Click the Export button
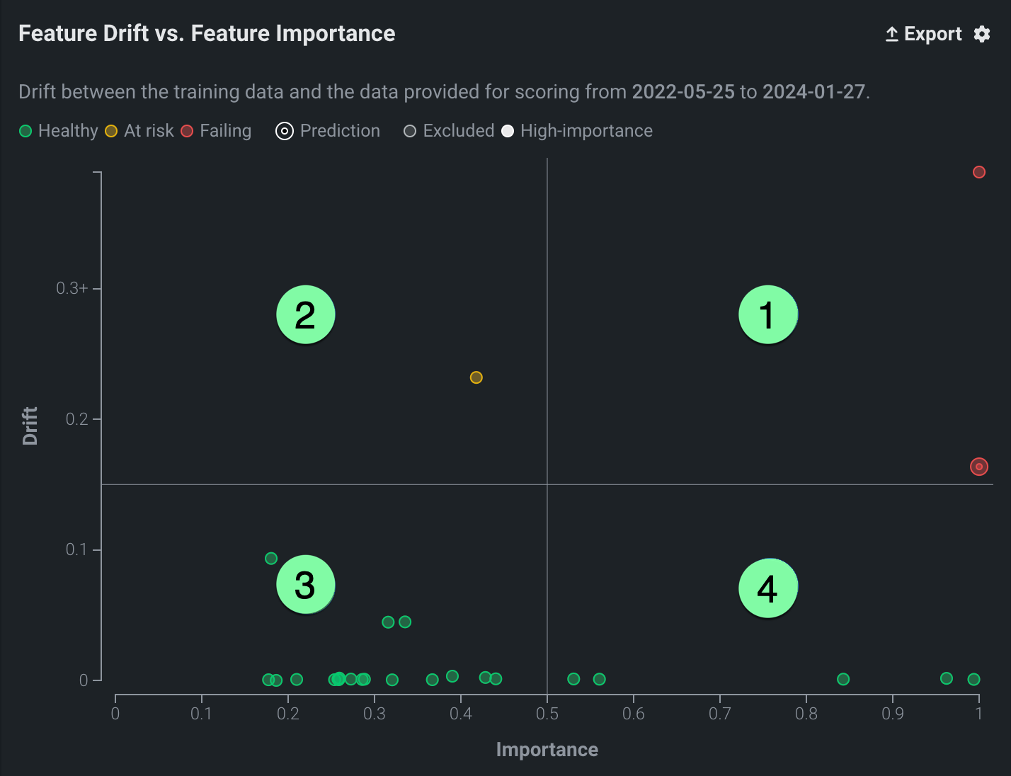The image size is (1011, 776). click(x=924, y=34)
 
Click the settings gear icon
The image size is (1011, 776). click(x=982, y=34)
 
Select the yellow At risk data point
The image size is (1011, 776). click(x=476, y=377)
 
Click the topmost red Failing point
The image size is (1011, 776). click(x=979, y=172)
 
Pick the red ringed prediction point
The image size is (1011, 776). click(x=979, y=467)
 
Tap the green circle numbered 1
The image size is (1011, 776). click(x=767, y=314)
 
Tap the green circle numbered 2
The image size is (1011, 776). click(x=305, y=314)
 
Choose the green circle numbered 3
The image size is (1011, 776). click(x=305, y=585)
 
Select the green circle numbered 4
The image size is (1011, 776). click(x=767, y=588)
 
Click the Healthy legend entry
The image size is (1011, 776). click(x=59, y=131)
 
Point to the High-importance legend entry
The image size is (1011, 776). click(x=577, y=131)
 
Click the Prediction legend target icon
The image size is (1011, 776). click(x=285, y=131)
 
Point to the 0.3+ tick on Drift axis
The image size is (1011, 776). click(x=72, y=288)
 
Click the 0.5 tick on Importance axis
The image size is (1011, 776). click(x=547, y=713)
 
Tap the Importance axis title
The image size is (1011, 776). click(x=547, y=750)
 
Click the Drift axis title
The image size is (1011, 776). click(x=30, y=426)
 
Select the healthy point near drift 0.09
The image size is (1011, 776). click(x=271, y=559)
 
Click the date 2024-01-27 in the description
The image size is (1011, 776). click(x=813, y=92)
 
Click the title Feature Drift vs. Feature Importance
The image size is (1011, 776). click(x=207, y=34)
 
